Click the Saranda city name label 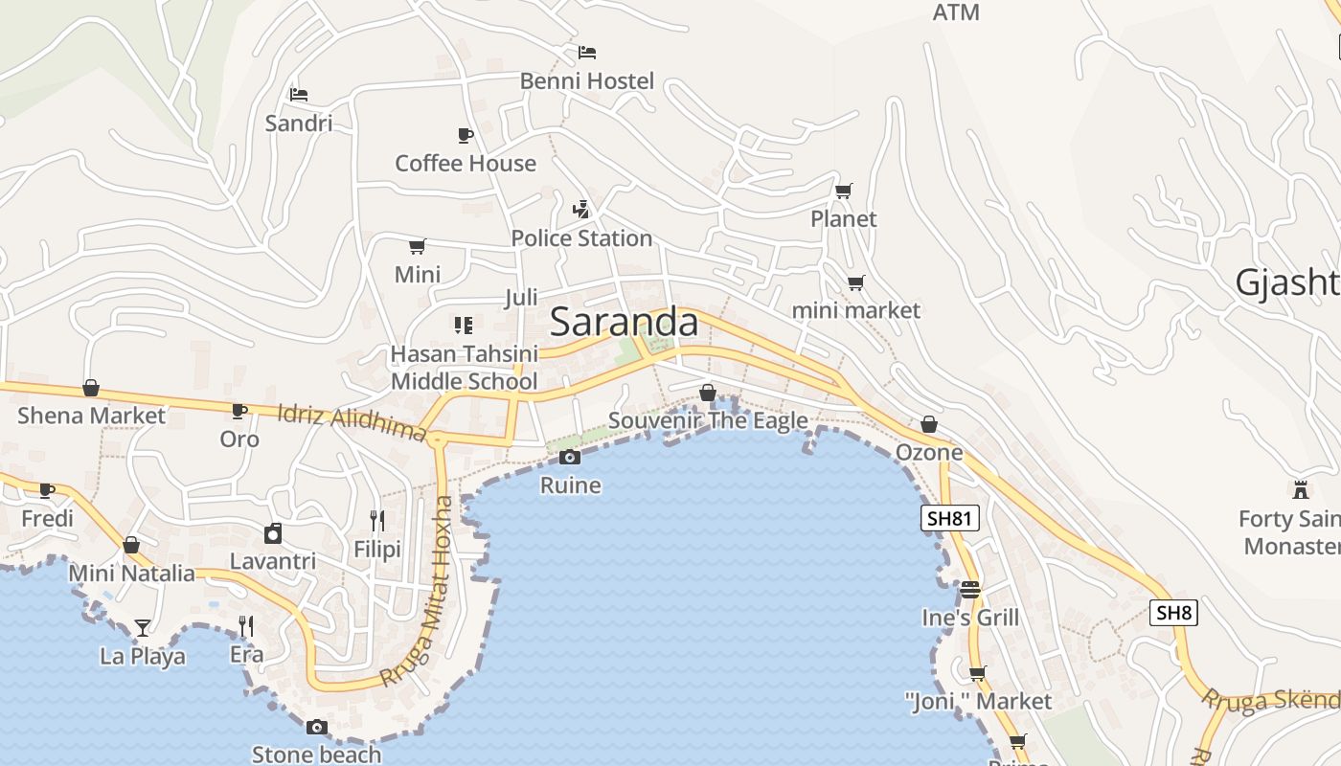(x=624, y=322)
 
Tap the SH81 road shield (x=950, y=519)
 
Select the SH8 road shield (x=1173, y=613)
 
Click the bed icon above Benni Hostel (x=587, y=52)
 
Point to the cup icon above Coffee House (x=466, y=135)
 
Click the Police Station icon (x=580, y=209)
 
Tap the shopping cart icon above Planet (x=843, y=191)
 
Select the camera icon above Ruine (x=570, y=457)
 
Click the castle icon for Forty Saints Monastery (x=1300, y=489)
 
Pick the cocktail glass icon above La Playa (x=143, y=628)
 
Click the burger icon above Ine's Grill (x=970, y=590)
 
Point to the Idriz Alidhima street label (x=352, y=423)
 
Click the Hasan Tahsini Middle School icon (x=464, y=326)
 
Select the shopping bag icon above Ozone (x=928, y=424)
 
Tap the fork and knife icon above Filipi (x=377, y=521)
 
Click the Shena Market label (x=91, y=416)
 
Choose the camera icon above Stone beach (x=317, y=728)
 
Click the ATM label (x=956, y=12)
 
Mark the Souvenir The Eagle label (x=708, y=421)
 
